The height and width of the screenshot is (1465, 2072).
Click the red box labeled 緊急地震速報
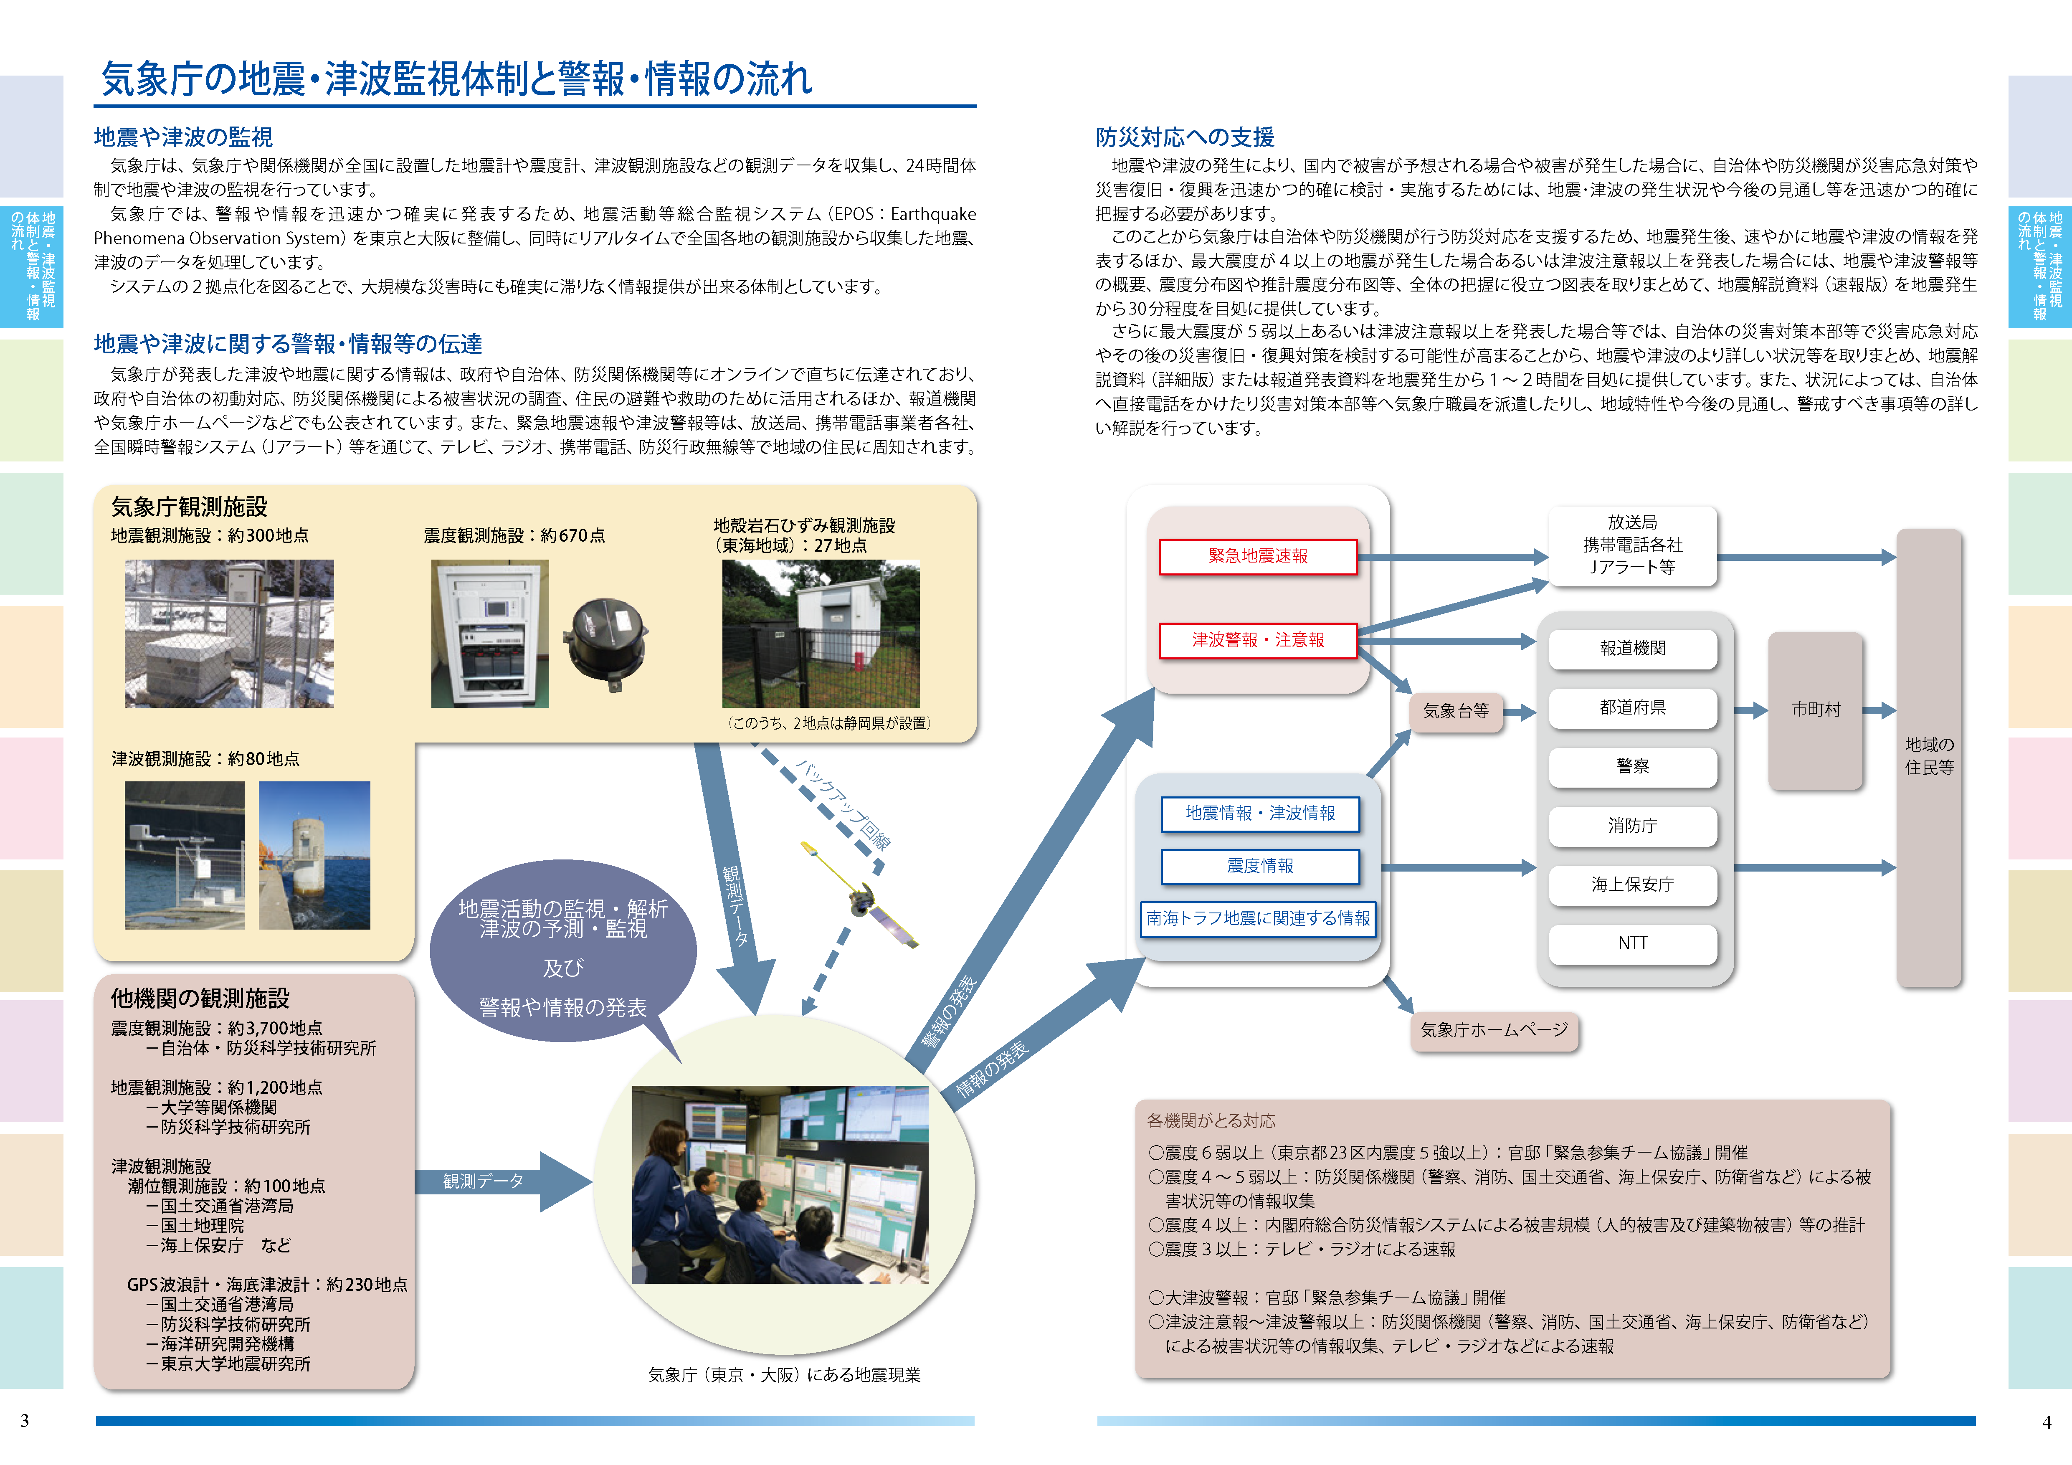pyautogui.click(x=1257, y=556)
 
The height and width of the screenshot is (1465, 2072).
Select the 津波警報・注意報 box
pyautogui.click(x=1257, y=640)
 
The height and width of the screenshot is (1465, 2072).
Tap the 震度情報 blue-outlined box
pyautogui.click(x=1260, y=866)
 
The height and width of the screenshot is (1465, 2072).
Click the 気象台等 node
pyautogui.click(x=1456, y=711)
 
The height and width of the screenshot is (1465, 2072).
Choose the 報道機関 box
pyautogui.click(x=1633, y=648)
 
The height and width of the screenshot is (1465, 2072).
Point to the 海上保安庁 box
pyautogui.click(x=1633, y=885)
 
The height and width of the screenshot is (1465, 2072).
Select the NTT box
pyautogui.click(x=1633, y=943)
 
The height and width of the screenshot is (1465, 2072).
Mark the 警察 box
pyautogui.click(x=1633, y=766)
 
